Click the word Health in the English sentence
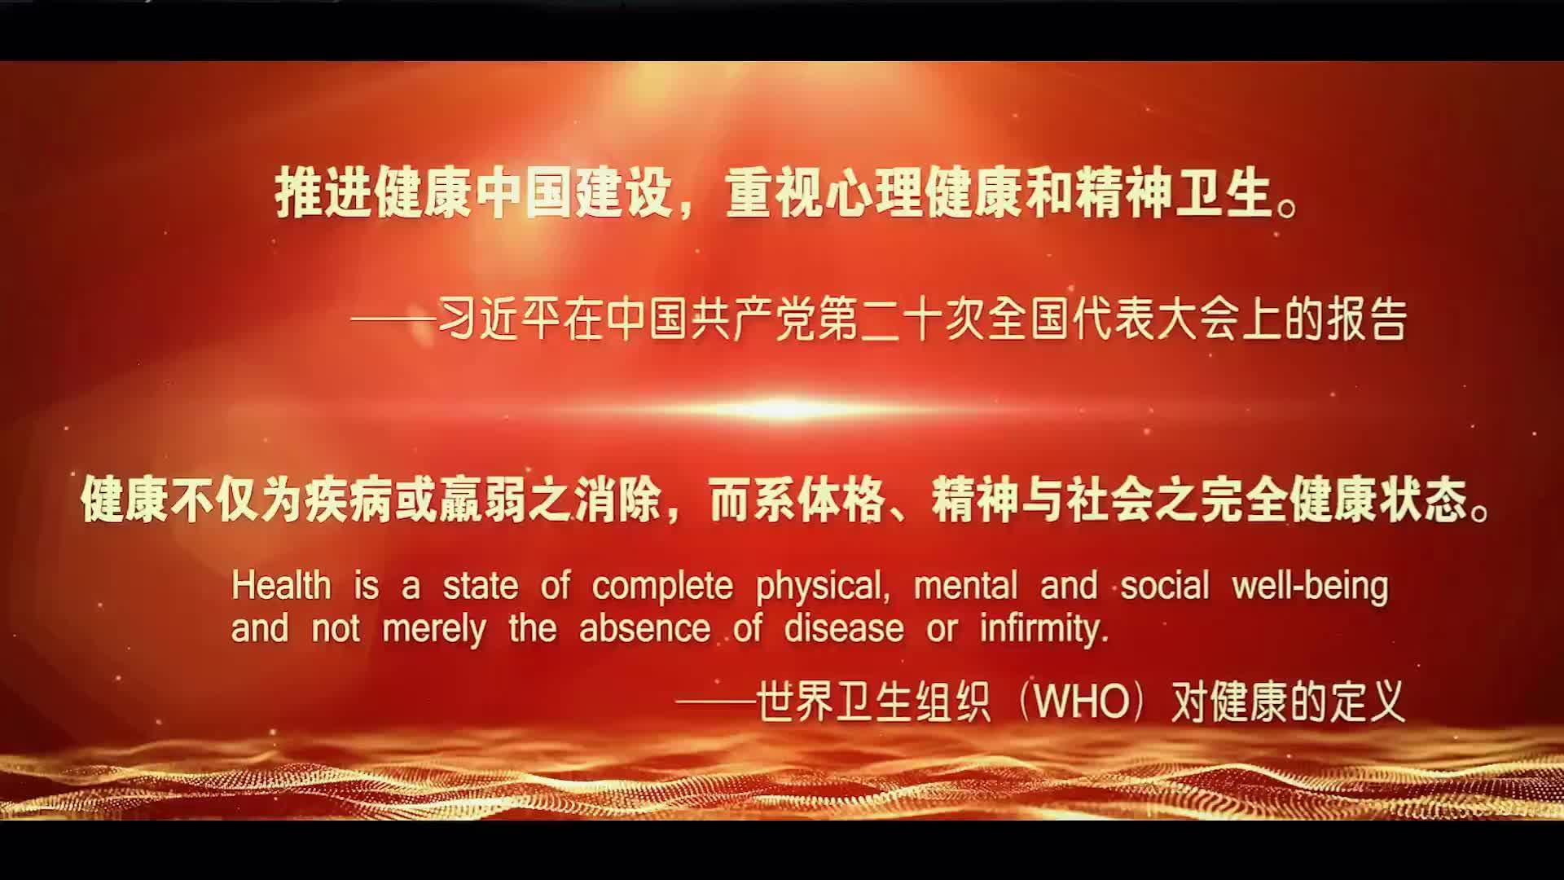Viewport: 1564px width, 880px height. [282, 586]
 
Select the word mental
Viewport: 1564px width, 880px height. [966, 586]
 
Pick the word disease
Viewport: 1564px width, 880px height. [844, 629]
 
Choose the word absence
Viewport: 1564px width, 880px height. [645, 629]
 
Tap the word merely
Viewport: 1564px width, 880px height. [433, 630]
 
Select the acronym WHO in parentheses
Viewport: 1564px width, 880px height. [1081, 702]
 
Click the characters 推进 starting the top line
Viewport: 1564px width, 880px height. [324, 196]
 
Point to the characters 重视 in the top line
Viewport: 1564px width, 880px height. [775, 196]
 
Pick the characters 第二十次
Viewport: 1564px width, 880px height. [898, 320]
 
